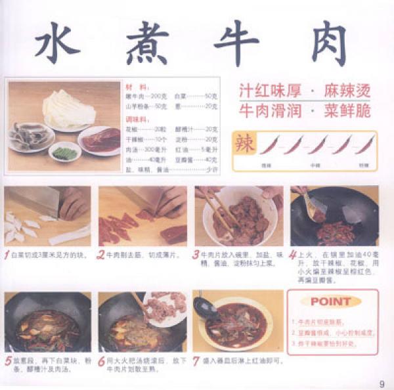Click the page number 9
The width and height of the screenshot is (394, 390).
382,384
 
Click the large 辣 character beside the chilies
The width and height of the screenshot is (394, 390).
244,143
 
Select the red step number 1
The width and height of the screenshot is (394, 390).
7,255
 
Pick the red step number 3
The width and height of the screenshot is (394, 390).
196,255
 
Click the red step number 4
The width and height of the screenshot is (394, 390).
292,255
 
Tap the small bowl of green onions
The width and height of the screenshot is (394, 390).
65,153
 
